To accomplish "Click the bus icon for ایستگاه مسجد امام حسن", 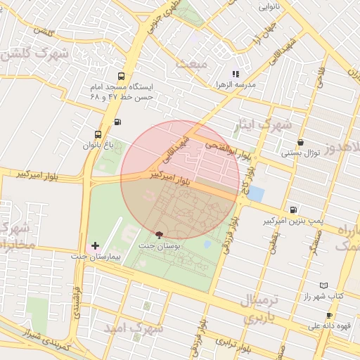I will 122,76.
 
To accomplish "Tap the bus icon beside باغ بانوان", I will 98,134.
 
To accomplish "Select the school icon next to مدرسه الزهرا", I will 236,74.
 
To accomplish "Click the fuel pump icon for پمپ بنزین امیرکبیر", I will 292,210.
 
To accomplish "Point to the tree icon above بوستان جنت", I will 157,235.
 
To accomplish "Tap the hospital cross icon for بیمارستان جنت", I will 96,245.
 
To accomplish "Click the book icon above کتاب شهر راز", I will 323,285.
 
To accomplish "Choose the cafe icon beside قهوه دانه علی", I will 329,316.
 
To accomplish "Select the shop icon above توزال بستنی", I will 301,142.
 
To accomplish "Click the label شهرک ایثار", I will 265,125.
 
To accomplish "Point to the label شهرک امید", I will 133,328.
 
